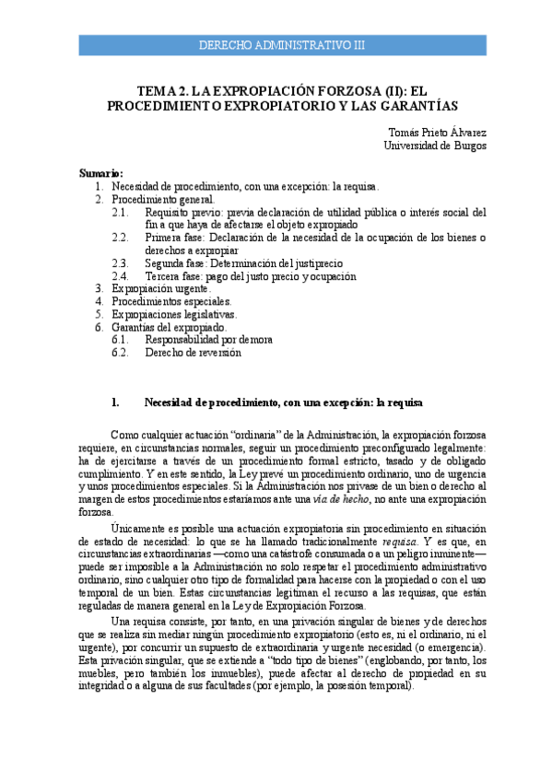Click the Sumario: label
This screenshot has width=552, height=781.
[x=100, y=173]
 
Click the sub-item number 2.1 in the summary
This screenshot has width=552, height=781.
[x=121, y=212]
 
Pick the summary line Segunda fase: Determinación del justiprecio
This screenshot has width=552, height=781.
[x=243, y=263]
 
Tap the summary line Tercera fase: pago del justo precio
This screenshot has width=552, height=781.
[x=250, y=276]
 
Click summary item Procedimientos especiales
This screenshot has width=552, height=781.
[x=171, y=301]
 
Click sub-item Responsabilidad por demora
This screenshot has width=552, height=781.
[x=208, y=340]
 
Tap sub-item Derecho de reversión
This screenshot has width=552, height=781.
[x=193, y=353]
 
